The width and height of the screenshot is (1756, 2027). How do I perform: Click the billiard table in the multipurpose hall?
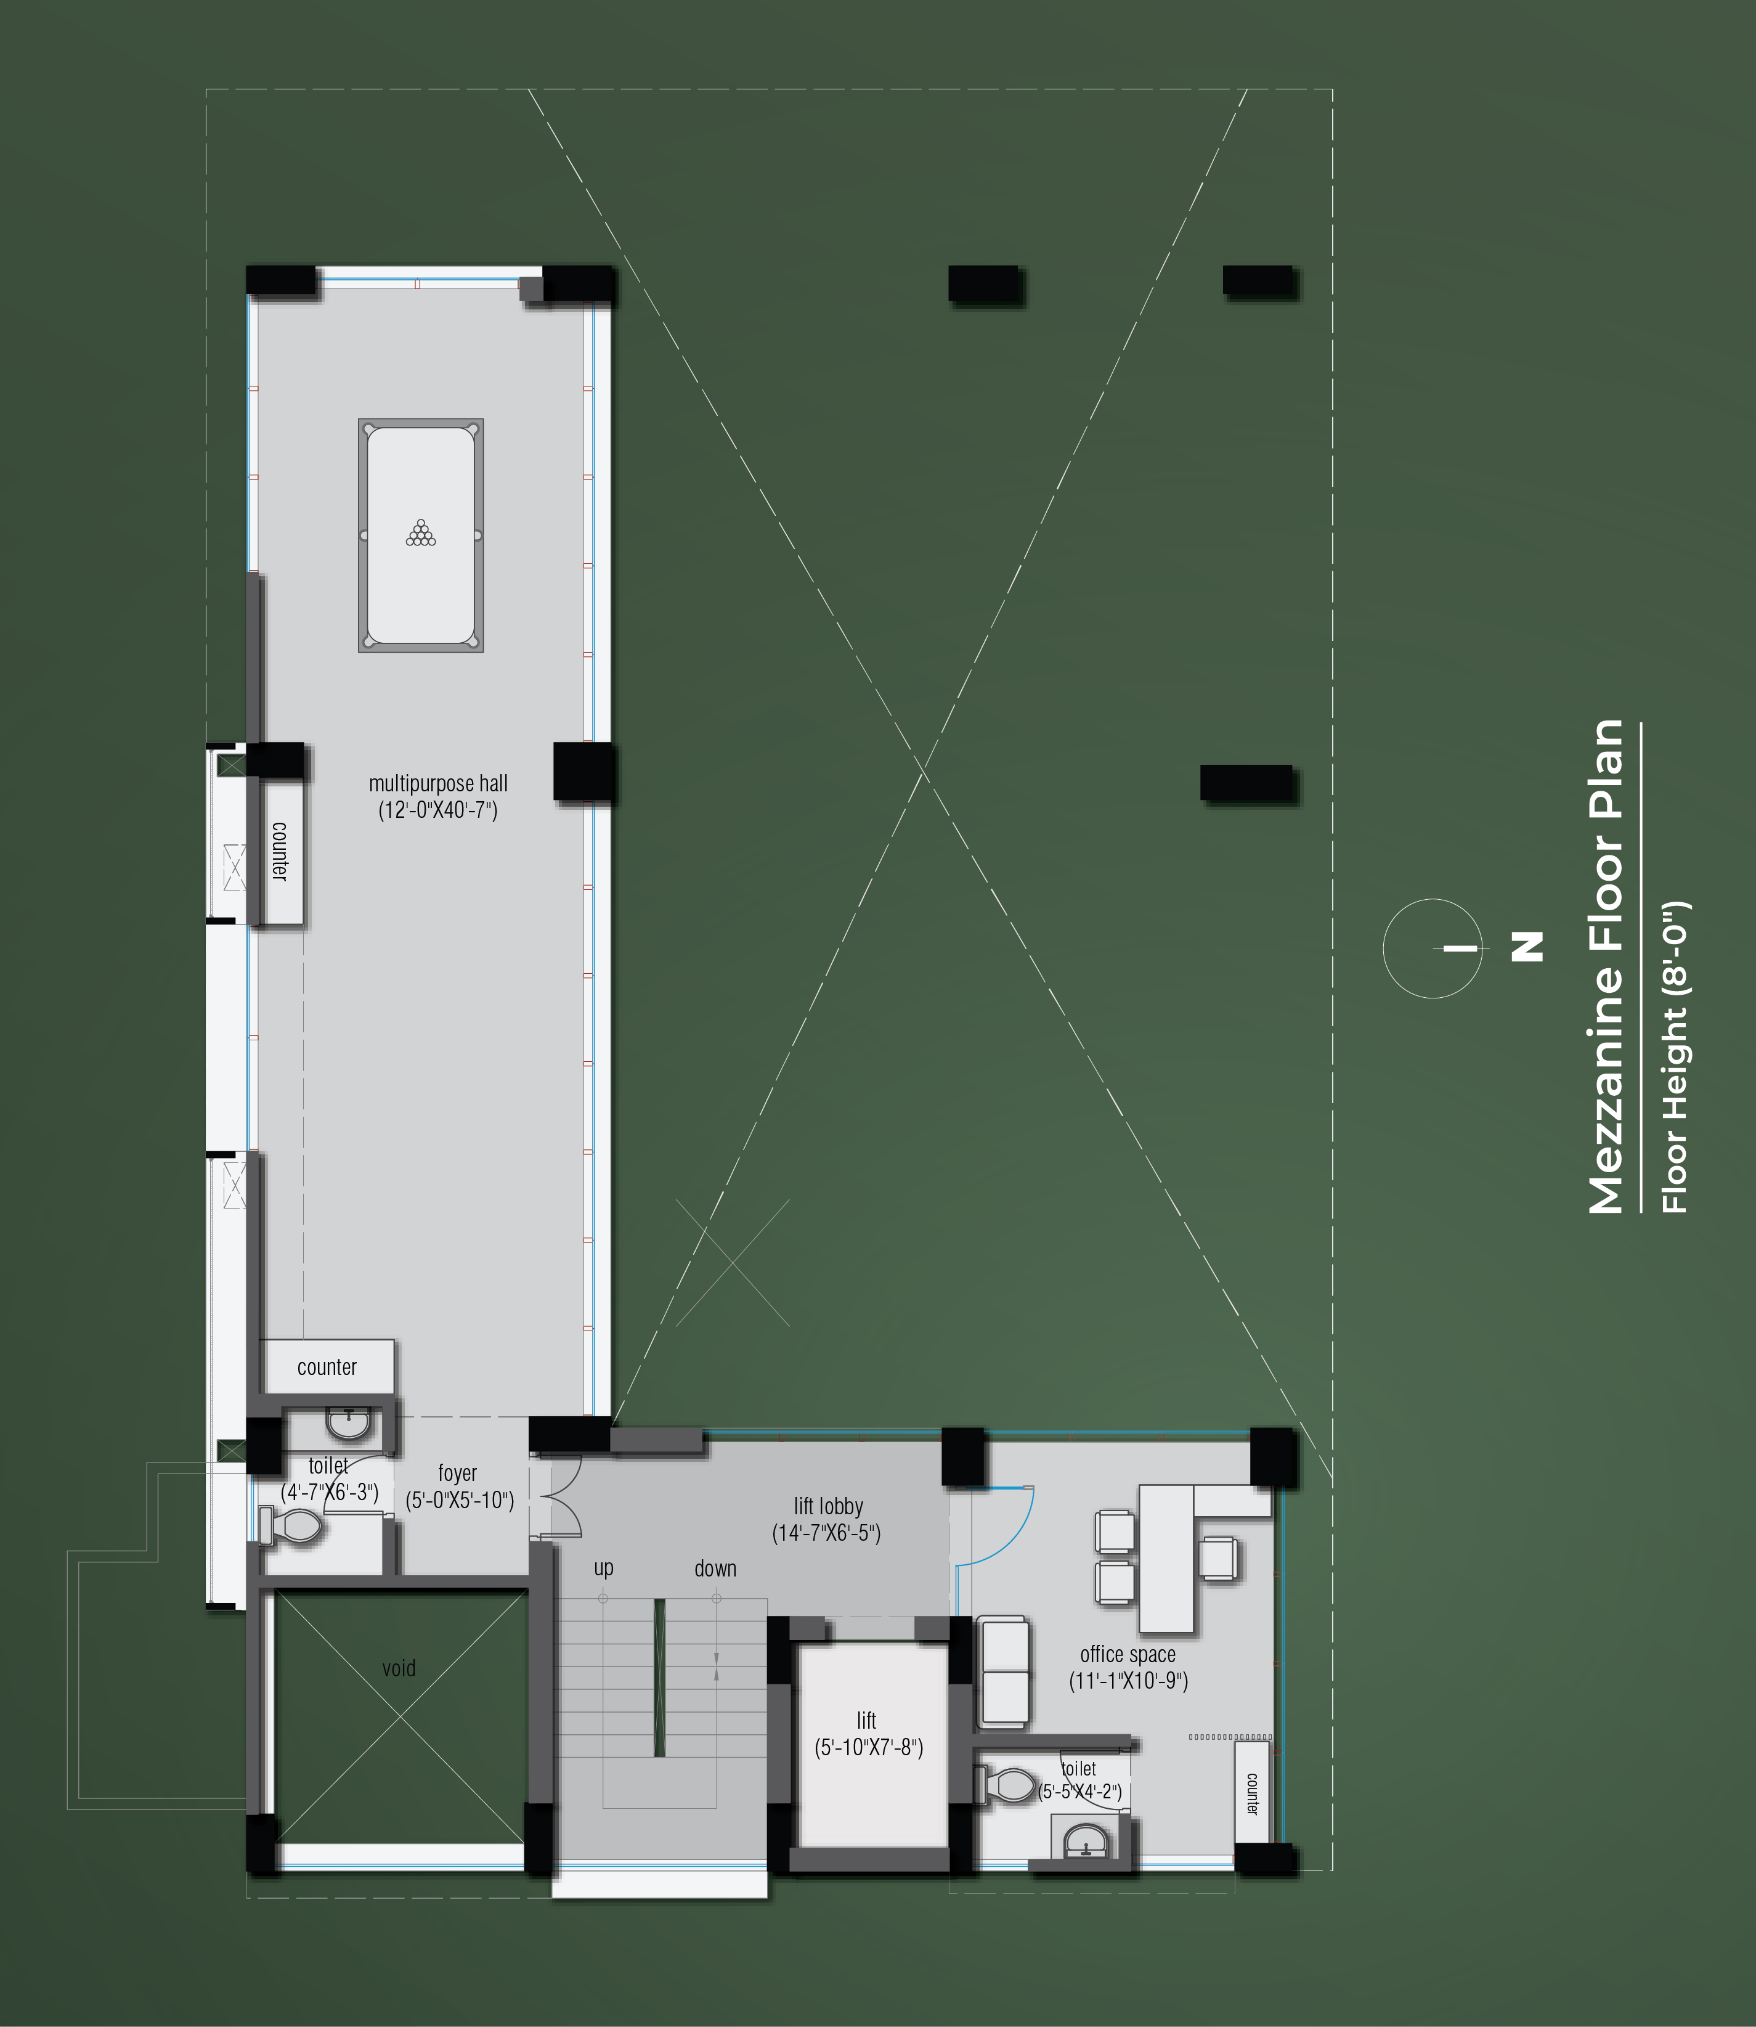coord(420,535)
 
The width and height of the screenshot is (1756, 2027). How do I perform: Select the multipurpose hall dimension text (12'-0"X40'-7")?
coord(438,810)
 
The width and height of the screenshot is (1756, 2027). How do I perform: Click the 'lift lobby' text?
coord(828,1506)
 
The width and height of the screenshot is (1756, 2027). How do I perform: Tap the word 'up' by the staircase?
coord(604,1568)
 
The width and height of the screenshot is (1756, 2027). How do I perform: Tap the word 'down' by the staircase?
coord(715,1568)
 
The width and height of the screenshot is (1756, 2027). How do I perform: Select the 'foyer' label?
coord(458,1473)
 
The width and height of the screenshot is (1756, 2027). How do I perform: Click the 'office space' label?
coord(1128,1655)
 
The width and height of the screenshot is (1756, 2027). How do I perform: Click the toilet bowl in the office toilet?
coord(1006,1785)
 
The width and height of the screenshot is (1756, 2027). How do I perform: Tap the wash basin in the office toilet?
coord(1085,1840)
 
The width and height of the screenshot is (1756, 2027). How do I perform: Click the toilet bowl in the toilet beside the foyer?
coord(291,1526)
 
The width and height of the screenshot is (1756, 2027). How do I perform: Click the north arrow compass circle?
coord(1432,948)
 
